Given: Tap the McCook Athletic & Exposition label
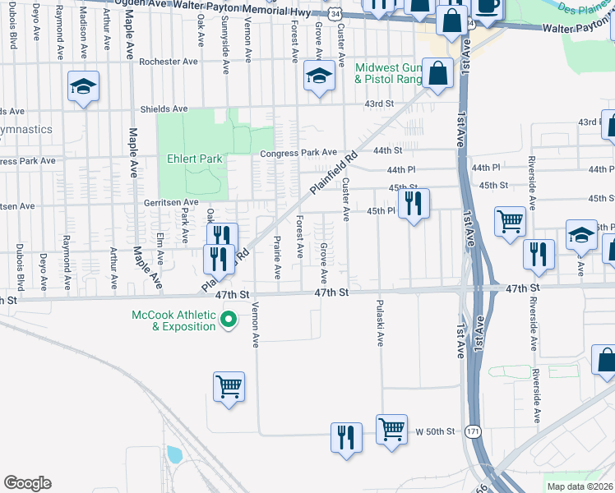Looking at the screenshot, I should (173, 320).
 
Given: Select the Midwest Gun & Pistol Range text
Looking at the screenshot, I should (387, 73).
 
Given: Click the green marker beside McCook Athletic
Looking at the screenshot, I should (231, 320).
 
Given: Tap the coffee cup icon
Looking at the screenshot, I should (488, 7).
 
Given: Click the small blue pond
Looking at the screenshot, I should (173, 454).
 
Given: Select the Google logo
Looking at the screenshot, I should (27, 482).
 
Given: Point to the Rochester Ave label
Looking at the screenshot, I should (169, 62).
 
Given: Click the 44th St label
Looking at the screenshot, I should (386, 150).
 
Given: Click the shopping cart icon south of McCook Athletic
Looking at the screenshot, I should (229, 386).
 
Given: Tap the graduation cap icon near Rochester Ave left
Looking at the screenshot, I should (83, 87).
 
